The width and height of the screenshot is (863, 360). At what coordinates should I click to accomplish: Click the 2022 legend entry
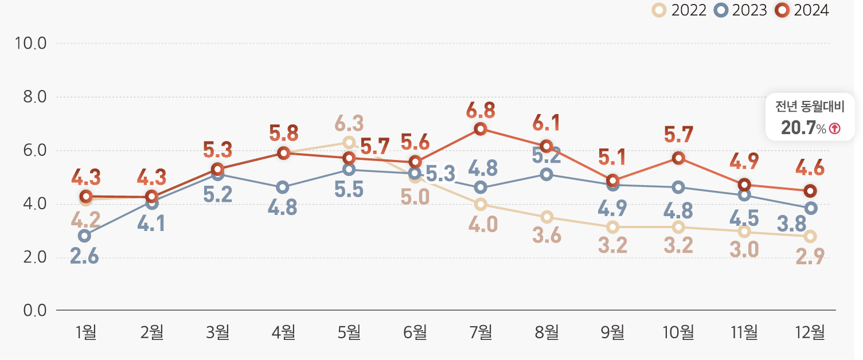(680, 10)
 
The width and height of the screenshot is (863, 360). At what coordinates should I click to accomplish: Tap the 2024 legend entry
(803, 10)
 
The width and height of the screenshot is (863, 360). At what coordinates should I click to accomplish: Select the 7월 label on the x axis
(481, 332)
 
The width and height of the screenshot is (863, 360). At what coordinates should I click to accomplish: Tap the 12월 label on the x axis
(809, 332)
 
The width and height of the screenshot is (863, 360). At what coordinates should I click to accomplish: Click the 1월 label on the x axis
(86, 332)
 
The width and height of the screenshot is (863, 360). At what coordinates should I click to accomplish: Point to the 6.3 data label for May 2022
(349, 123)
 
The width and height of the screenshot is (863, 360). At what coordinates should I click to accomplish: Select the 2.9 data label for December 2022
(810, 257)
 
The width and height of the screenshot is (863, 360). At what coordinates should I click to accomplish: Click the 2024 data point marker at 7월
(481, 128)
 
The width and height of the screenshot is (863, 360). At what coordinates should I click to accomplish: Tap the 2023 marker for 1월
(84, 236)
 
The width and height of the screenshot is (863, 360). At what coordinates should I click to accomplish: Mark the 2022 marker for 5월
(349, 142)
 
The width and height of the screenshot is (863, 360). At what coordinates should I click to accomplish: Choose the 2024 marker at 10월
(678, 158)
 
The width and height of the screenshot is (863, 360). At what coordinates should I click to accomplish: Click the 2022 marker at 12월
(810, 236)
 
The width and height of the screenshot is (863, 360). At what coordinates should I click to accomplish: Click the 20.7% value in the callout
(798, 128)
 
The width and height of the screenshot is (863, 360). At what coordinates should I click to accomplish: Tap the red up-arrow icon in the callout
(834, 129)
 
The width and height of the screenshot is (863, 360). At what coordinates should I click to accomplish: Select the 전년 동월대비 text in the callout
(810, 107)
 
